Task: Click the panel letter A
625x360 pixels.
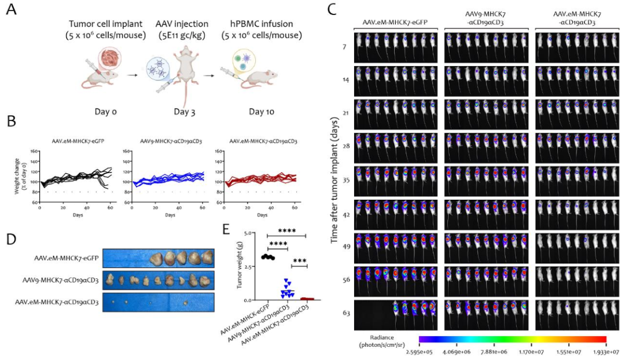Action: [10, 10]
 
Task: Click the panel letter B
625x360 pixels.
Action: [10, 122]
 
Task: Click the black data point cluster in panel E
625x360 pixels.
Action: [267, 256]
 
